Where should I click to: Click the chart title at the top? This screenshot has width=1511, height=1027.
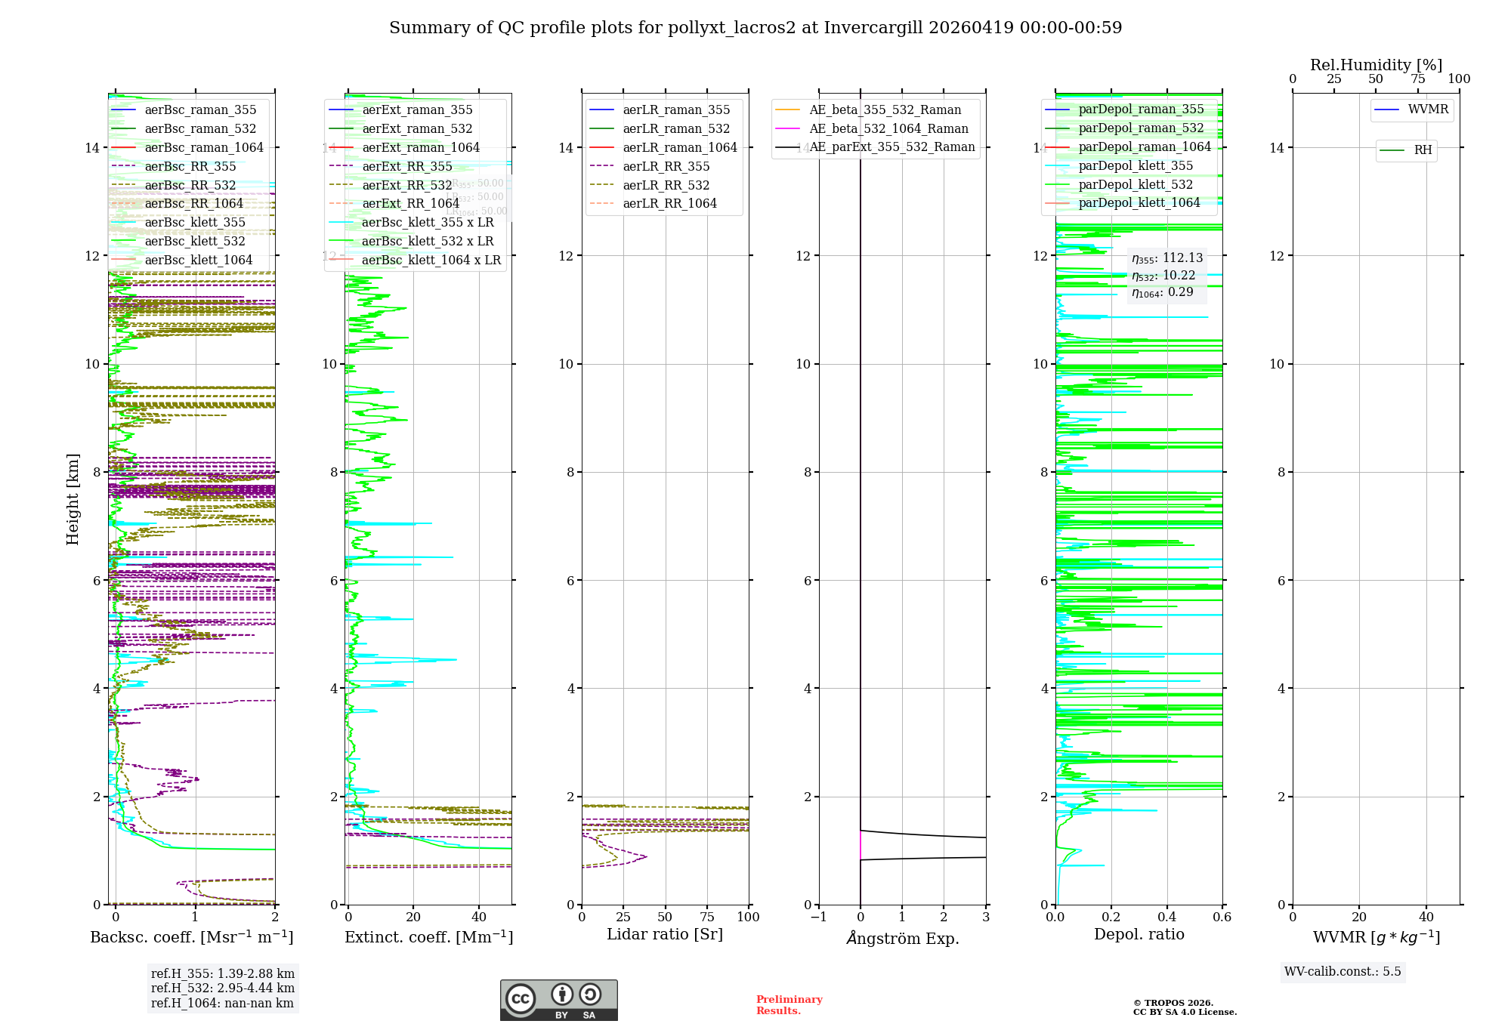(x=755, y=28)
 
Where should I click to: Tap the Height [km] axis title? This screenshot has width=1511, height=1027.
(x=73, y=499)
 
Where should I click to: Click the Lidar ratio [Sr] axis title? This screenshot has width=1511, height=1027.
(x=665, y=934)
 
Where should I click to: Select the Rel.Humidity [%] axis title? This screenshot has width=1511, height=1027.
(x=1376, y=65)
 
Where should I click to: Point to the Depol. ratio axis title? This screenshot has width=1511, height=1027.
(x=1139, y=934)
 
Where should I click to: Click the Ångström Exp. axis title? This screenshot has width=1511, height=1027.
(x=902, y=938)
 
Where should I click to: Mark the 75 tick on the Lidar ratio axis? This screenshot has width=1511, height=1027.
(x=707, y=917)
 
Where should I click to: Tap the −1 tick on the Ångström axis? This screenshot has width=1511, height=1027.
(x=818, y=917)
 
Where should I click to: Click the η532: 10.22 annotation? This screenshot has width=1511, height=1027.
(x=1163, y=276)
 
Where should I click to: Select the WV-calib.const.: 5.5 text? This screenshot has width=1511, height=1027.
(x=1343, y=972)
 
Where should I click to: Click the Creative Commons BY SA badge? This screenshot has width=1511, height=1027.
(x=558, y=1000)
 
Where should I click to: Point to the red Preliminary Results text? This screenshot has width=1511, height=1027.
(x=789, y=1005)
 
